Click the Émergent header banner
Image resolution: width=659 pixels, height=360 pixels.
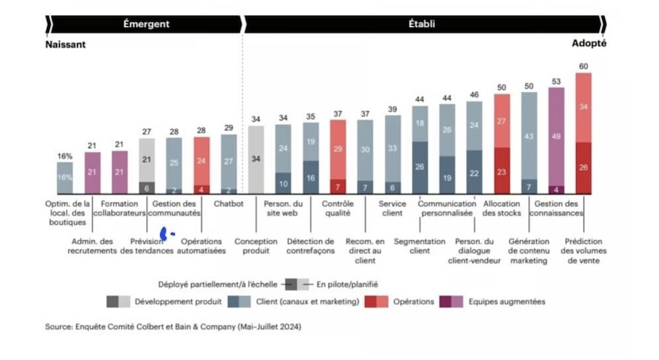(x=146, y=24)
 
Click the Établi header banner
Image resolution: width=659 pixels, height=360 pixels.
(x=423, y=24)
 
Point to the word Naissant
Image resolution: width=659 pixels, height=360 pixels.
(x=65, y=44)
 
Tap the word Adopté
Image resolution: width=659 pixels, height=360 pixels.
(x=589, y=44)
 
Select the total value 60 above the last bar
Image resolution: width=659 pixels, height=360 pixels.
(x=583, y=67)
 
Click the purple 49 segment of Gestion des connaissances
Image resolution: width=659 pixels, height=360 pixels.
(x=556, y=136)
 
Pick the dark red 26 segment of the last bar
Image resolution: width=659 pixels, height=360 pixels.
(x=583, y=168)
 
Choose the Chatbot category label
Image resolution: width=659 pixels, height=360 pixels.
(x=229, y=204)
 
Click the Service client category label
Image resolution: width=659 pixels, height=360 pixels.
(x=392, y=208)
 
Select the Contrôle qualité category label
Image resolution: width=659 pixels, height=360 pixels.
(x=338, y=208)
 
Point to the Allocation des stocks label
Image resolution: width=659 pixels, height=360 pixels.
(x=501, y=208)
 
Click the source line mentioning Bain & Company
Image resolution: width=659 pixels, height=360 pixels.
(x=173, y=326)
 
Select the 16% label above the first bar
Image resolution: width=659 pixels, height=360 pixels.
(x=65, y=156)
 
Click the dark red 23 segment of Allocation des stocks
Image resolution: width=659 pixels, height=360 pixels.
(x=501, y=171)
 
